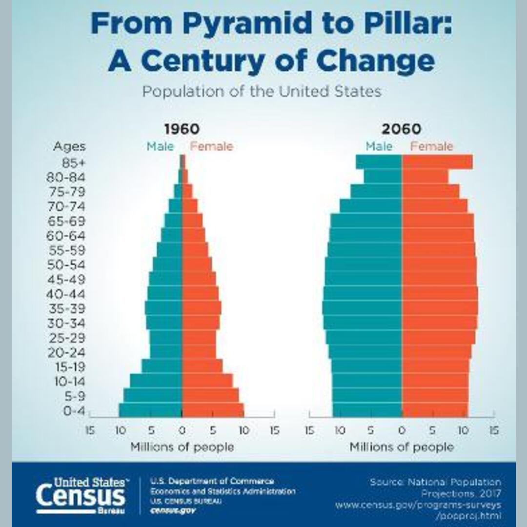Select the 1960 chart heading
click(x=182, y=129)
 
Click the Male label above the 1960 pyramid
click(x=160, y=146)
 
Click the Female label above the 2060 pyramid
click(x=431, y=146)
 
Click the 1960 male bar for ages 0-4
click(x=150, y=410)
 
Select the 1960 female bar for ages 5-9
click(x=210, y=396)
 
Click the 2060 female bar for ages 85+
click(x=437, y=162)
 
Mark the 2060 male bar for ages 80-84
click(x=383, y=176)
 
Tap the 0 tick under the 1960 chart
click(x=182, y=431)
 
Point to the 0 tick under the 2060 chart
click(x=402, y=431)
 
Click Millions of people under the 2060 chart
click(x=402, y=447)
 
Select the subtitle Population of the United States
click(x=262, y=91)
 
